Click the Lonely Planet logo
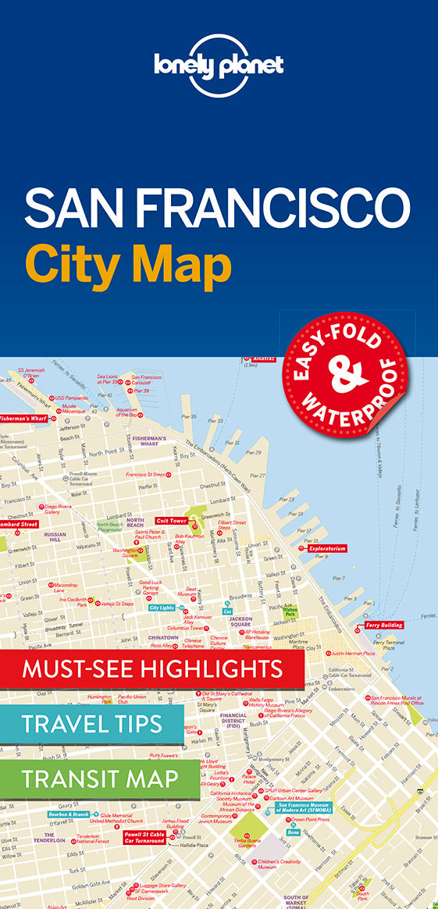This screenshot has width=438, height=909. pyautogui.click(x=219, y=66)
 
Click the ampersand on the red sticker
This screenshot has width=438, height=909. pyautogui.click(x=348, y=371)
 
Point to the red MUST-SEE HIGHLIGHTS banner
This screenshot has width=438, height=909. pyautogui.click(x=152, y=668)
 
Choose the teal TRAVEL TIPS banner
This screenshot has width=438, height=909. pyautogui.click(x=92, y=723)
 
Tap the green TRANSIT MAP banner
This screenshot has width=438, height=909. pyautogui.click(x=100, y=779)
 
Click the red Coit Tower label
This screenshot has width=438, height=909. pyautogui.click(x=171, y=520)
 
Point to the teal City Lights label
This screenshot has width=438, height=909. pyautogui.click(x=162, y=607)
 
